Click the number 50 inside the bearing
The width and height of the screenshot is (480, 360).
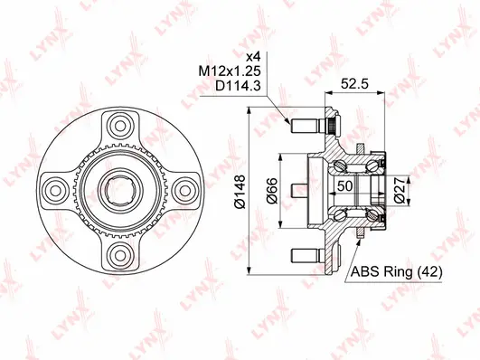pos(344,185)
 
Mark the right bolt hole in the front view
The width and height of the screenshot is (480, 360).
pos(184,190)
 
